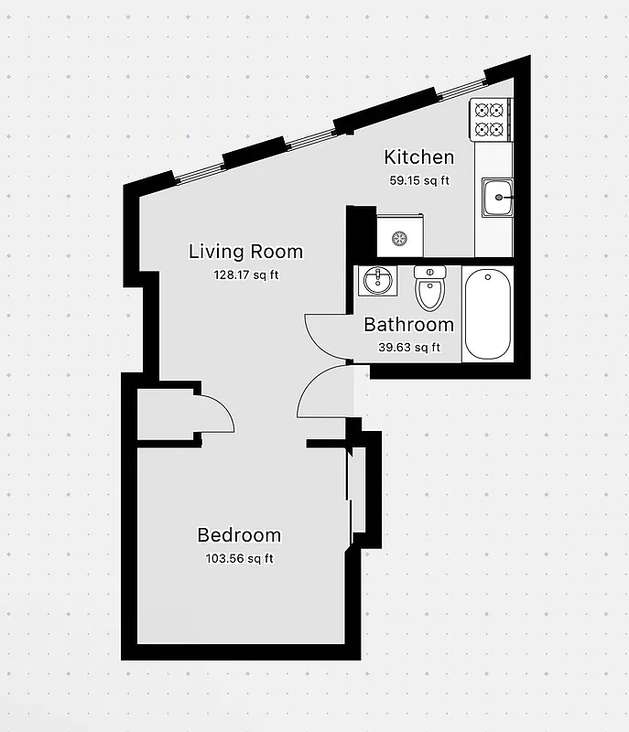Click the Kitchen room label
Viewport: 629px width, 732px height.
tap(418, 157)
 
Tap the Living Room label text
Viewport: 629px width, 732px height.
tap(245, 252)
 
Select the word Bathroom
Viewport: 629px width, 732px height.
tap(408, 325)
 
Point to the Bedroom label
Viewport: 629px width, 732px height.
tap(239, 536)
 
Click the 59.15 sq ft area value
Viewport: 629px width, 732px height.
tap(419, 180)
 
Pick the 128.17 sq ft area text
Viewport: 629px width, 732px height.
tap(245, 274)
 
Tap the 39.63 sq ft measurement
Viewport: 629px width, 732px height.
tap(409, 347)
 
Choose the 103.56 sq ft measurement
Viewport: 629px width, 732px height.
tap(239, 558)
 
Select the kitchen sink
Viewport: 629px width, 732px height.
tap(498, 196)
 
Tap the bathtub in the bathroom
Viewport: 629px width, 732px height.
tap(487, 315)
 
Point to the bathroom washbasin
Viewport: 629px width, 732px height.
tap(378, 280)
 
